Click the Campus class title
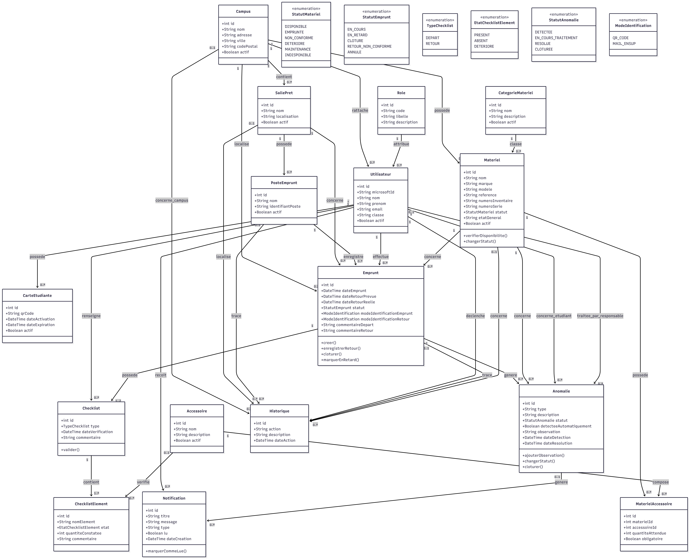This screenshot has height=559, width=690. pos(243,11)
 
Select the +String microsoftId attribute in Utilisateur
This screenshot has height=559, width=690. pos(375,192)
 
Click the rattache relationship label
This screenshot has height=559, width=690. pos(360,110)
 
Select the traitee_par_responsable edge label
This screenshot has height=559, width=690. pos(600,316)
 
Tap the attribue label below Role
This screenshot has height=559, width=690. pos(401,144)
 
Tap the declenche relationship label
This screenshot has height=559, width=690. pos(475,316)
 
